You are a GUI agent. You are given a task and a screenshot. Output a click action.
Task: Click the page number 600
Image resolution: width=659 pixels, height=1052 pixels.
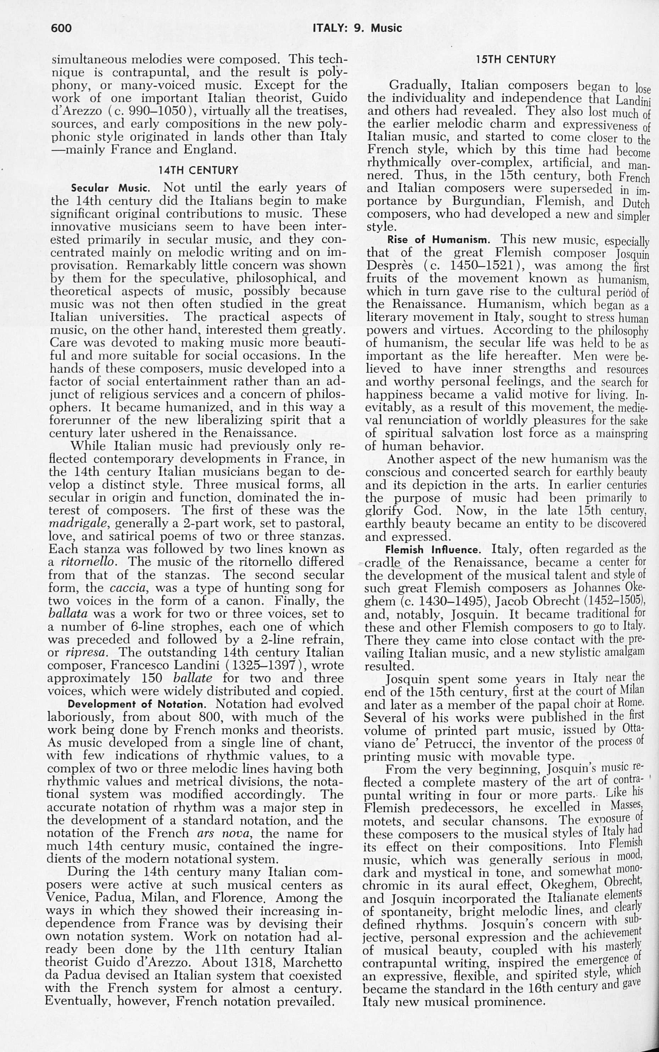[x=61, y=28]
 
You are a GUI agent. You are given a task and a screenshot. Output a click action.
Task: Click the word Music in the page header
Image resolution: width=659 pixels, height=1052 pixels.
[x=386, y=28]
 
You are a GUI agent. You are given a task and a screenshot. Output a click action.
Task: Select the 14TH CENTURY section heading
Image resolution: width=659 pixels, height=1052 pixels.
[x=198, y=170]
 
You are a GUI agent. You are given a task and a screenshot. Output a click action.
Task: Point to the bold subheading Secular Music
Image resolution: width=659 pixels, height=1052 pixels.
[x=111, y=189]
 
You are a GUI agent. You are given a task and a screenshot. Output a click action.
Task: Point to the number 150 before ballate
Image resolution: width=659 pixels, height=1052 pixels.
[x=152, y=678]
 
